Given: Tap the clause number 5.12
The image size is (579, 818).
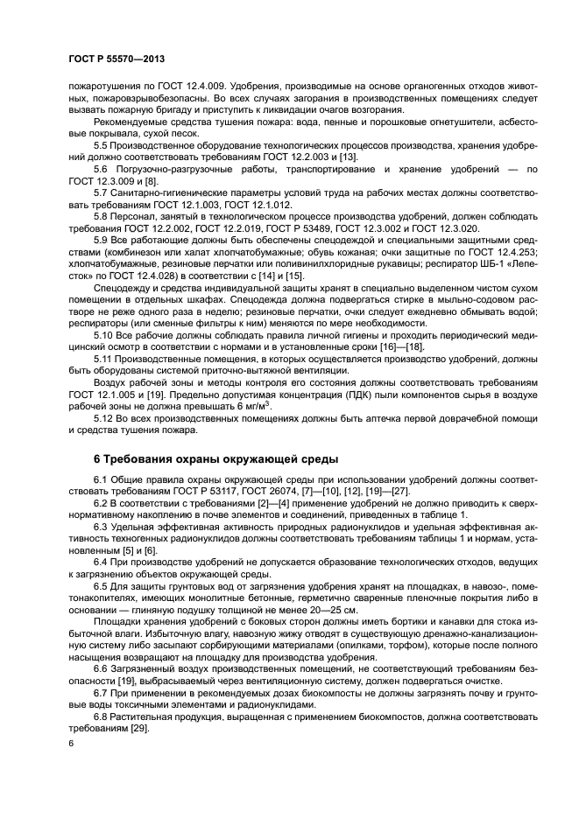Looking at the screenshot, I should (x=104, y=419).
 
